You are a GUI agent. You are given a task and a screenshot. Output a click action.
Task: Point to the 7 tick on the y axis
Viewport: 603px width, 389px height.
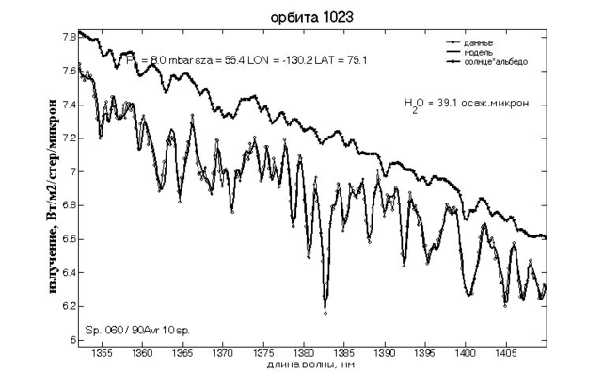(x=71, y=172)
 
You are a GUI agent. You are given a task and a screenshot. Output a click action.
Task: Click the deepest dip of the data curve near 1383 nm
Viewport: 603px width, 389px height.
(x=325, y=311)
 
